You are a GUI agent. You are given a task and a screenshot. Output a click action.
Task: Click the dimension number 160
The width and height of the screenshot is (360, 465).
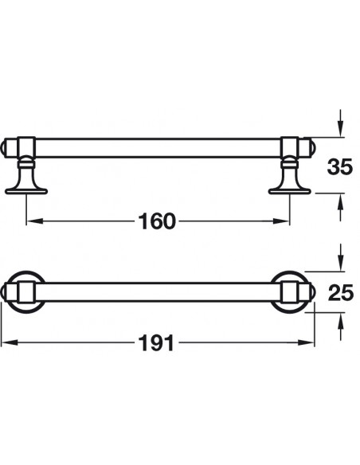(157, 221)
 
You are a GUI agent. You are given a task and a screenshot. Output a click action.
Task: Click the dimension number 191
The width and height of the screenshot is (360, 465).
(156, 343)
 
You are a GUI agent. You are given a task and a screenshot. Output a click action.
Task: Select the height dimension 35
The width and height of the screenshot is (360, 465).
(340, 166)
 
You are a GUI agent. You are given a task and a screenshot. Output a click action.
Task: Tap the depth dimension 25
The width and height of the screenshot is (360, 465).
(341, 292)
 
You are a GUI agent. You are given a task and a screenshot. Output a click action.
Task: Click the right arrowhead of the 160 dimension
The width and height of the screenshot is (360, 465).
(281, 221)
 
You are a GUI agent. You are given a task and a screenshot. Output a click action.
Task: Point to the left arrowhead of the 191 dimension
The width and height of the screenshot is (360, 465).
(9, 343)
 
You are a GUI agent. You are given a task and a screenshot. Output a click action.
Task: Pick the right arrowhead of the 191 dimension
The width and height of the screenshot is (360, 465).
(306, 343)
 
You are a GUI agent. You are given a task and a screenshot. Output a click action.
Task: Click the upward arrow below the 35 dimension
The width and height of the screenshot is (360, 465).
(341, 207)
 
